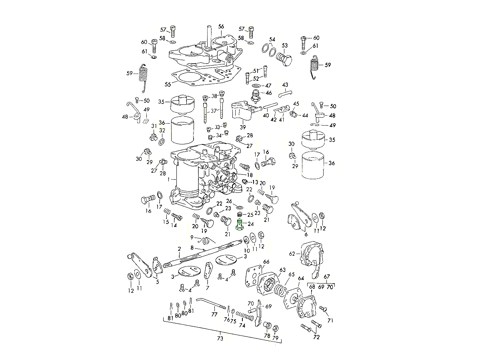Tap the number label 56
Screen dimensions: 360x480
tap(221, 26)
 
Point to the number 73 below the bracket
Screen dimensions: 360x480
tap(220, 339)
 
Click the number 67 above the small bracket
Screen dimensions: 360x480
tap(327, 276)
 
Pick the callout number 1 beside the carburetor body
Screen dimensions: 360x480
tap(169, 180)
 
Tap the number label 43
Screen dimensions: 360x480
tap(285, 85)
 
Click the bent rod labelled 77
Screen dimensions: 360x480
tap(208, 303)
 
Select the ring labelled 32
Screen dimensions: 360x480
tap(162, 142)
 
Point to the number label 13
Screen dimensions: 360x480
tap(255, 182)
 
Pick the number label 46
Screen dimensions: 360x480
tap(268, 93)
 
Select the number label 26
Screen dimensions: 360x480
tap(229, 201)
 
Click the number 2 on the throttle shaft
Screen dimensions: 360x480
tap(180, 249)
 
